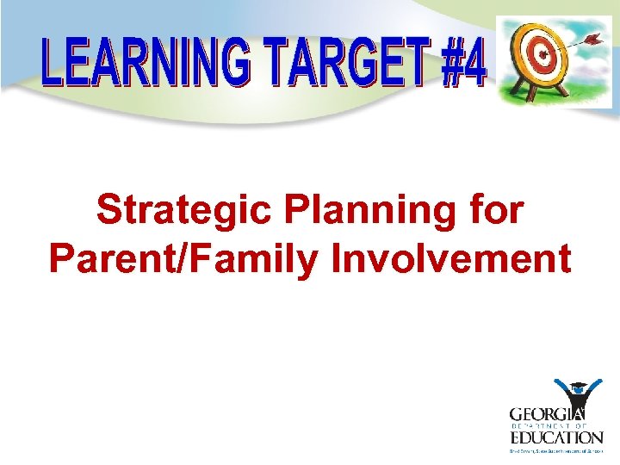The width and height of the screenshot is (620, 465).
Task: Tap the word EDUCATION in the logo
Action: (x=555, y=437)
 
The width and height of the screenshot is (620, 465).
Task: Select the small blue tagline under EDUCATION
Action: (x=555, y=449)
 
